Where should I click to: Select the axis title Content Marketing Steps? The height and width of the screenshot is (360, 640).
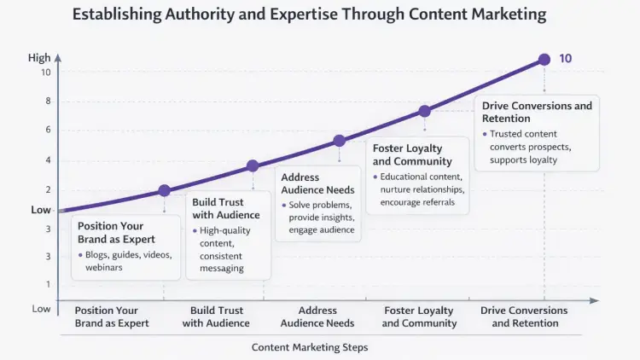click(x=310, y=347)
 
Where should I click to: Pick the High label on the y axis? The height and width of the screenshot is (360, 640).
click(x=39, y=58)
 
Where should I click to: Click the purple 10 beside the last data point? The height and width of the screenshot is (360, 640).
click(x=565, y=59)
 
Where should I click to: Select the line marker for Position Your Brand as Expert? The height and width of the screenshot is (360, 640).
click(x=165, y=191)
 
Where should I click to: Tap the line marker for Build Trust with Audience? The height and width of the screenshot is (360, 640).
click(x=253, y=166)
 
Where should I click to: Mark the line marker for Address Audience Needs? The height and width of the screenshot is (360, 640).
click(x=339, y=141)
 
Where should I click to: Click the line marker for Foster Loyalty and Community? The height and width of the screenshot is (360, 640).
click(x=425, y=111)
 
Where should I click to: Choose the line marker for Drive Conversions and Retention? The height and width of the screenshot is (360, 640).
click(x=544, y=60)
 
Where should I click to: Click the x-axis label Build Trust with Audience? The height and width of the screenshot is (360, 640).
click(x=216, y=316)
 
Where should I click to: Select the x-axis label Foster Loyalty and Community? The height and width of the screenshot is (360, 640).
click(x=418, y=316)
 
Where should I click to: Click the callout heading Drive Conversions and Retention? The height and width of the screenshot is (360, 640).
click(x=537, y=112)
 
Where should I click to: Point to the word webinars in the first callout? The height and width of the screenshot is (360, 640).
click(x=105, y=267)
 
